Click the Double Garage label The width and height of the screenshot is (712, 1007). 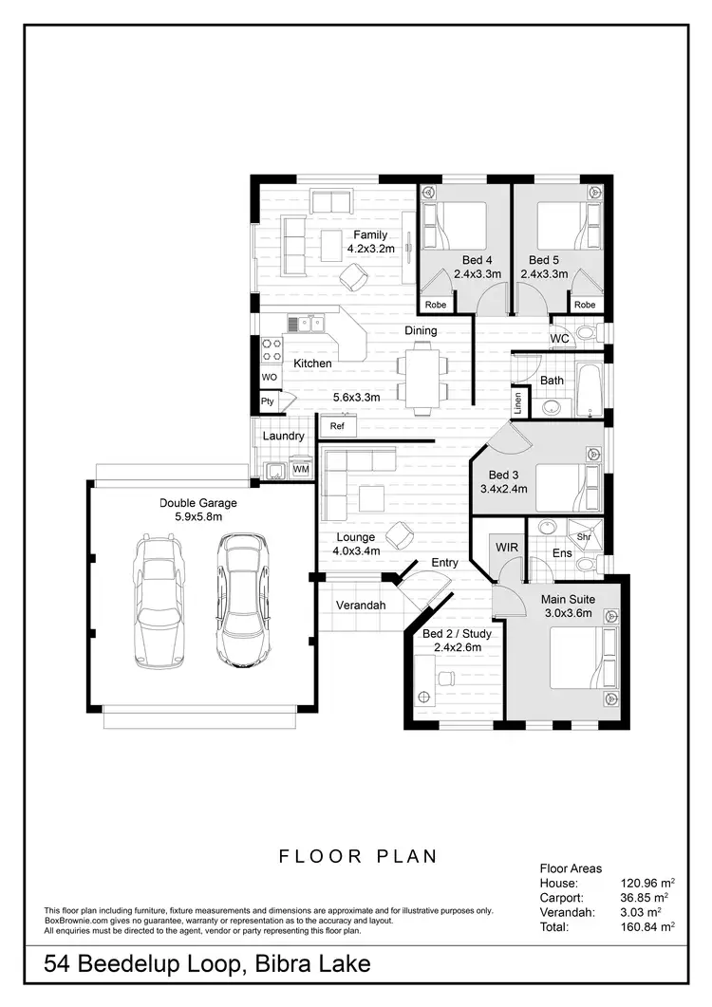[197, 503]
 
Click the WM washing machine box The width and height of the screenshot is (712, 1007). [300, 469]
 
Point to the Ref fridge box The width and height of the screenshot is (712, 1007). [337, 426]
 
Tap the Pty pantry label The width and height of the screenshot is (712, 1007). [269, 402]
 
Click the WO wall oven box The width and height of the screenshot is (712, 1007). [270, 377]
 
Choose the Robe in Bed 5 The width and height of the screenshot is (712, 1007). [585, 304]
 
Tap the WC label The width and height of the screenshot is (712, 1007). [559, 338]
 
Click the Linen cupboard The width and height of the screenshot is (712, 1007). [518, 402]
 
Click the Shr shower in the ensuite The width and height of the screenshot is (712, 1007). [585, 533]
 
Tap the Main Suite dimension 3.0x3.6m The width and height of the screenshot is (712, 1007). [567, 613]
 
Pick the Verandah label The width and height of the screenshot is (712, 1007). [361, 606]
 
